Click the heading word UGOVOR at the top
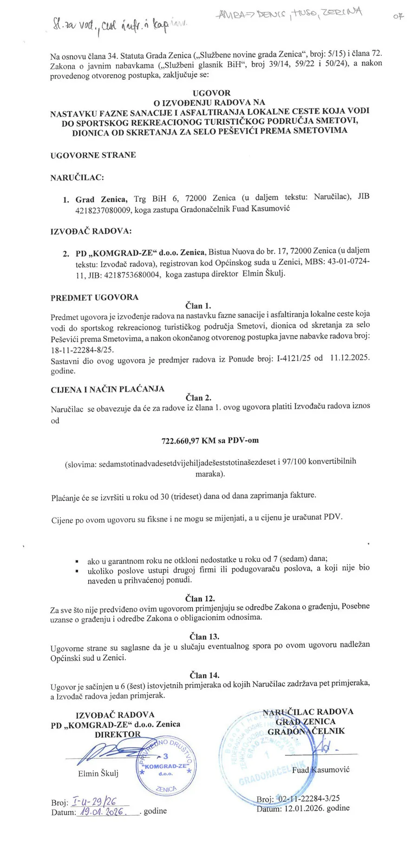pyautogui.click(x=211, y=93)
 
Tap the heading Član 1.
pyautogui.click(x=198, y=306)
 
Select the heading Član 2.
pyautogui.click(x=198, y=398)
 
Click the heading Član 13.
pyautogui.click(x=204, y=637)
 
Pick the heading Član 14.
pyautogui.click(x=204, y=675)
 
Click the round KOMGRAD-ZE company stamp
pyautogui.click(x=166, y=766)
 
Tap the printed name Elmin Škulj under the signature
pyautogui.click(x=98, y=773)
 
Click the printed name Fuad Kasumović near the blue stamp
pyautogui.click(x=320, y=770)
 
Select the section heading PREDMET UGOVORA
pyautogui.click(x=94, y=297)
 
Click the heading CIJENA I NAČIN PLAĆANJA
pyautogui.click(x=107, y=389)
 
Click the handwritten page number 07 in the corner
pyautogui.click(x=398, y=16)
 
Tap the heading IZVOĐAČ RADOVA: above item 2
pyautogui.click(x=91, y=231)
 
